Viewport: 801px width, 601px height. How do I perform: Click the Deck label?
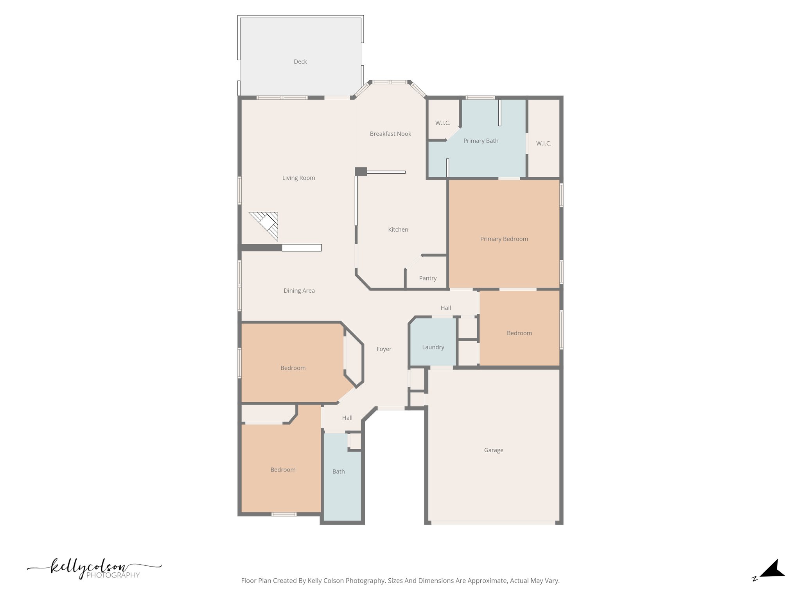click(300, 62)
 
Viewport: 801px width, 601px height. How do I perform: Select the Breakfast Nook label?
click(390, 134)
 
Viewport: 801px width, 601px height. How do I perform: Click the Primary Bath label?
click(480, 141)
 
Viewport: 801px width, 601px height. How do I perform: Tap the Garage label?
click(493, 450)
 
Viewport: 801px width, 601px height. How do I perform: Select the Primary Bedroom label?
click(504, 239)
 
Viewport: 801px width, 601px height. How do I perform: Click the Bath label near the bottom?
click(338, 472)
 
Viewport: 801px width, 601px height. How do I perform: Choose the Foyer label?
click(384, 349)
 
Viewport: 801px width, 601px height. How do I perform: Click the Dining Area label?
click(299, 291)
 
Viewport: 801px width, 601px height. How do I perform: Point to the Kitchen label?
click(398, 230)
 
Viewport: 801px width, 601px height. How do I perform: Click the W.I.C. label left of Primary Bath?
click(442, 123)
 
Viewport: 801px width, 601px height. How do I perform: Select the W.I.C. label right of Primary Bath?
click(543, 144)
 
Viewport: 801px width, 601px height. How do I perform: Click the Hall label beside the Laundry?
click(445, 308)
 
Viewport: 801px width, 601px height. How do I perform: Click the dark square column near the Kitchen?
click(361, 171)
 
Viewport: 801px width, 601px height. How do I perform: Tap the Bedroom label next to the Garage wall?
click(519, 333)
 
